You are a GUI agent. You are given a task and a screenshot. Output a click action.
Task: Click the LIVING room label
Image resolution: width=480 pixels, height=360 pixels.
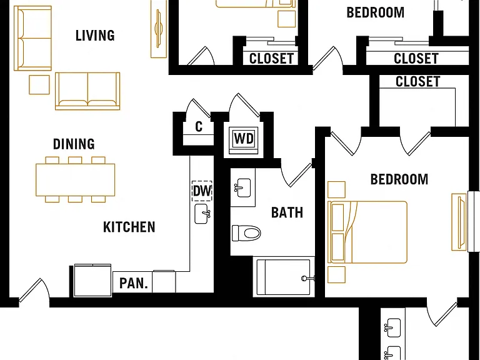click(95, 36)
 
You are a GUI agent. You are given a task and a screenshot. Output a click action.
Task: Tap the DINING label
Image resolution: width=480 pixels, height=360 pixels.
click(74, 144)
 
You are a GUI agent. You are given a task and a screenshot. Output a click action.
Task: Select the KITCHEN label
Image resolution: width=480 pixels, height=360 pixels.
click(129, 227)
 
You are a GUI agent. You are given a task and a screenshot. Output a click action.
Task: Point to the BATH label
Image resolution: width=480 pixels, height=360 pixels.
click(287, 212)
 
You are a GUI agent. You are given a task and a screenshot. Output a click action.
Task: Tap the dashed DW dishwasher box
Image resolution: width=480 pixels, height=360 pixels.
click(202, 191)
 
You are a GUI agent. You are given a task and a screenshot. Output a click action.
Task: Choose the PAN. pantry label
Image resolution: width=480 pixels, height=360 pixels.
click(133, 283)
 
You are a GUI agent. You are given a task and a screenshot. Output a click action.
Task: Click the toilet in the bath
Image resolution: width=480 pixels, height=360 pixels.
click(246, 233)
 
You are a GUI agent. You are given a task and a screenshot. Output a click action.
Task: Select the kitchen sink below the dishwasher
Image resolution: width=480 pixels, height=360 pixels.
click(202, 214)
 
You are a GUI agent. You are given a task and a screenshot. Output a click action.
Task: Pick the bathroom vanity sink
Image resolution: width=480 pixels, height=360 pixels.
click(242, 187)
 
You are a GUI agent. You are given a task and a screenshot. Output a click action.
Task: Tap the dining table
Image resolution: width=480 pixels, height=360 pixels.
click(75, 180)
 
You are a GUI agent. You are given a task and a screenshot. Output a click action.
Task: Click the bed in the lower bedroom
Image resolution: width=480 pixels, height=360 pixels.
click(367, 232)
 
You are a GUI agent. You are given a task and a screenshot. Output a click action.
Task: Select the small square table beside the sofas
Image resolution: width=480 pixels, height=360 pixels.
click(39, 85)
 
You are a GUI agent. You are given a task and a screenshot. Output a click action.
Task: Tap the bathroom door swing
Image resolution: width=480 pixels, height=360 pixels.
click(296, 174)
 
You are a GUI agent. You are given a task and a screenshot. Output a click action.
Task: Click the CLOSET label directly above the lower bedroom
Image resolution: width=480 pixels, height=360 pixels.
click(418, 82)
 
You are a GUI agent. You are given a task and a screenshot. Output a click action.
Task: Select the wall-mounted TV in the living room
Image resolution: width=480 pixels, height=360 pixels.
click(159, 29)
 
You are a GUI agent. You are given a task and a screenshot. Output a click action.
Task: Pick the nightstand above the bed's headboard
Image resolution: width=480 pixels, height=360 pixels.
click(336, 190)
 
